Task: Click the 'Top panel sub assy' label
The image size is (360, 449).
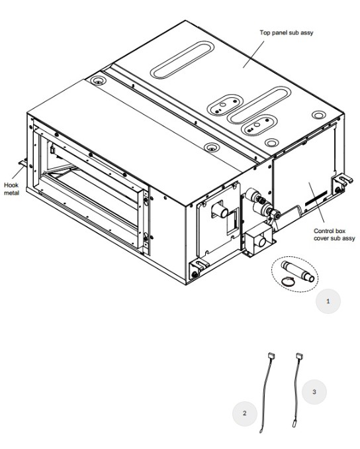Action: (x=286, y=32)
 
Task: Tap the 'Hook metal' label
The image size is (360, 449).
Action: (x=11, y=189)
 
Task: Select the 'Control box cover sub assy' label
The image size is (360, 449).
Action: (x=334, y=234)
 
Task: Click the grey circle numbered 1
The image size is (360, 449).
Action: (x=328, y=301)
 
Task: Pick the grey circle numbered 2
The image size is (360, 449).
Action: (x=244, y=413)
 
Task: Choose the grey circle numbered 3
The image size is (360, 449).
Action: (x=314, y=392)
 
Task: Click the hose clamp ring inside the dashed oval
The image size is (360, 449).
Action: (x=288, y=281)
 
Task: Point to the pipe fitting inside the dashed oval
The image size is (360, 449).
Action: (x=297, y=271)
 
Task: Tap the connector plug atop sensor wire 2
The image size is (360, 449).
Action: (x=271, y=356)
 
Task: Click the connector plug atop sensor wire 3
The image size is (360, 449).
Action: (x=299, y=356)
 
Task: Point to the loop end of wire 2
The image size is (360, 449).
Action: (x=261, y=431)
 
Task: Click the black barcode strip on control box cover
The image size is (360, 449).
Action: (x=316, y=198)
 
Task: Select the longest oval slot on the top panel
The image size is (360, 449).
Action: (x=182, y=60)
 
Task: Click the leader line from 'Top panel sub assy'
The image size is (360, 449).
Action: (x=253, y=54)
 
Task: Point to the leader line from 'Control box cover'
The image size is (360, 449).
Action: (x=316, y=202)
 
